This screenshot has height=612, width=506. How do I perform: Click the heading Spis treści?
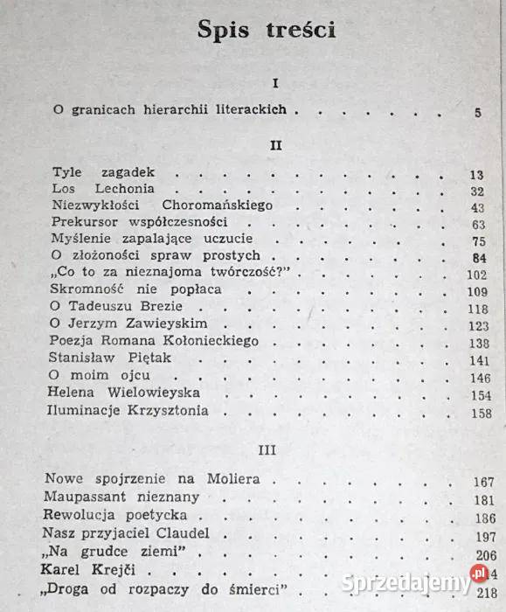tap(267, 30)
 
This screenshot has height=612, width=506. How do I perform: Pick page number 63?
tap(476, 225)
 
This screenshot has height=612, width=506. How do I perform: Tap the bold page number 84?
tap(477, 258)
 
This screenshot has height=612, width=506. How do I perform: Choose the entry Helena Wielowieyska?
tap(125, 393)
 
